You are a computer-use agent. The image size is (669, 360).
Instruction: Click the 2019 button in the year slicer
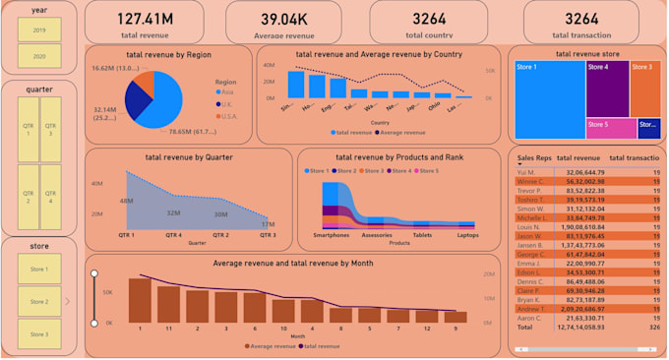[39, 30]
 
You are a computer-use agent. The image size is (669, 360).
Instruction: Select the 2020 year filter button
[39, 58]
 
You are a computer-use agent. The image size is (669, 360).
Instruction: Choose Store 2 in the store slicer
[39, 301]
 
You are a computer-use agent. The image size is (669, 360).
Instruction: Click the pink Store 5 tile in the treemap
[610, 127]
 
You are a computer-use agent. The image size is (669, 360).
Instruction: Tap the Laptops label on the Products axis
[467, 236]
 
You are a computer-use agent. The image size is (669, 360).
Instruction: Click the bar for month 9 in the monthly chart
[456, 318]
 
